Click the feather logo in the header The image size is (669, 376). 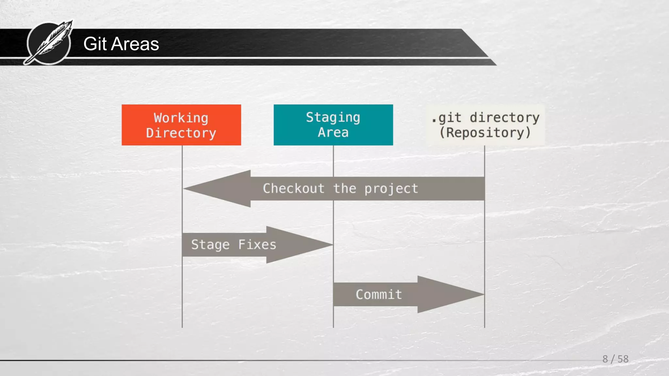pyautogui.click(x=49, y=43)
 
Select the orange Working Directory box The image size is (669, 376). pyautogui.click(x=181, y=125)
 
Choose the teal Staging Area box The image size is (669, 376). pyautogui.click(x=333, y=125)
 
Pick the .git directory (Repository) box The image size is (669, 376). pyautogui.click(x=485, y=125)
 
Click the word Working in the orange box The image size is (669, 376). pyautogui.click(x=181, y=118)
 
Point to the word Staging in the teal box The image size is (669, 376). pyautogui.click(x=333, y=117)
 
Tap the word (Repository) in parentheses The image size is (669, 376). pyautogui.click(x=485, y=133)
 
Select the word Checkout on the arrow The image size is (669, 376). pyautogui.click(x=293, y=189)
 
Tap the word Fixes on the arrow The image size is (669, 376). pyautogui.click(x=257, y=245)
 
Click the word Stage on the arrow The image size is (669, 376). pyautogui.click(x=210, y=245)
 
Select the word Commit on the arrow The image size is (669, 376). pyautogui.click(x=379, y=295)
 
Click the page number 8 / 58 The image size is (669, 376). pyautogui.click(x=615, y=359)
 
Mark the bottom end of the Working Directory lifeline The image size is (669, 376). pyautogui.click(x=182, y=326)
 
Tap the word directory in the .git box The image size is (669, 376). pyautogui.click(x=504, y=117)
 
